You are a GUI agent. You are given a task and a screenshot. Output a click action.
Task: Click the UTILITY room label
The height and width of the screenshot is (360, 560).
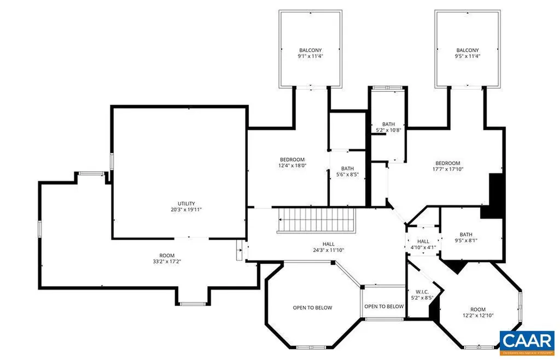coord(182,204)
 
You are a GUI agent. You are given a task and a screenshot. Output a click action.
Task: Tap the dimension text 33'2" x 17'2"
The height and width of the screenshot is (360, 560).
coord(167,262)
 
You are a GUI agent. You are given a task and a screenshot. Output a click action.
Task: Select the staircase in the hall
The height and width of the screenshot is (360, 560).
coord(316,220)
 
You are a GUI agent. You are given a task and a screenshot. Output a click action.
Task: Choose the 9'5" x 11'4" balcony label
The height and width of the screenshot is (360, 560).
coord(468,56)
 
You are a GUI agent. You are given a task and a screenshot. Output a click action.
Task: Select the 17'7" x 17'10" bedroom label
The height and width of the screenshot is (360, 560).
coord(447,169)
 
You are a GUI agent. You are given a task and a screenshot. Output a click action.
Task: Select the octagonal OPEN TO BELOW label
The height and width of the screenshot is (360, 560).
coord(312,307)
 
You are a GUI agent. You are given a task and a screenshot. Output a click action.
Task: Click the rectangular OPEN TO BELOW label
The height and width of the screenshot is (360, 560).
coord(384,306)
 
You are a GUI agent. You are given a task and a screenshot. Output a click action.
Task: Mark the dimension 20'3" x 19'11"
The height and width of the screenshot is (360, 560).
coord(182,209)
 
